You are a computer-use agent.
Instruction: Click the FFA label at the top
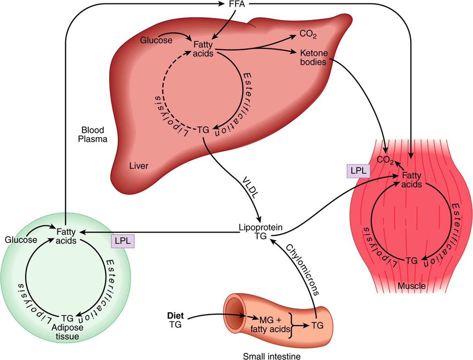(x=237, y=4)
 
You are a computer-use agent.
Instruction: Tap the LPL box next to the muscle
(x=358, y=171)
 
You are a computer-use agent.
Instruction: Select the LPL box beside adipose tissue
(x=123, y=241)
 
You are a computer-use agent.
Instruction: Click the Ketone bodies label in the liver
(x=314, y=58)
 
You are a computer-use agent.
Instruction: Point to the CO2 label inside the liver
(x=308, y=34)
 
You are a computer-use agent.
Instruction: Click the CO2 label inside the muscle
(x=385, y=160)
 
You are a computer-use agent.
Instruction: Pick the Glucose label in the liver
(x=156, y=40)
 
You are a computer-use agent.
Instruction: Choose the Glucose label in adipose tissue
(x=21, y=240)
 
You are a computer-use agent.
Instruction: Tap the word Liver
(x=139, y=166)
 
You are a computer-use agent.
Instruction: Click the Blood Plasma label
(x=93, y=134)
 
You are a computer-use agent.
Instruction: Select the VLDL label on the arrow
(x=250, y=187)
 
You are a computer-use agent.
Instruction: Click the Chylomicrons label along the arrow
(x=302, y=270)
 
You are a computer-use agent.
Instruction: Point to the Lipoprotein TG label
(x=260, y=232)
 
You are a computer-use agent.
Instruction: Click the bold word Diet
(x=175, y=316)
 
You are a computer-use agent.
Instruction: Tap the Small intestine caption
(x=272, y=356)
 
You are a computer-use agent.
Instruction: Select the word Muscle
(x=412, y=286)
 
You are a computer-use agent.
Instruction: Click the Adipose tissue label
(x=67, y=332)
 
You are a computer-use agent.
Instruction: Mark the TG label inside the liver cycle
(x=203, y=130)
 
